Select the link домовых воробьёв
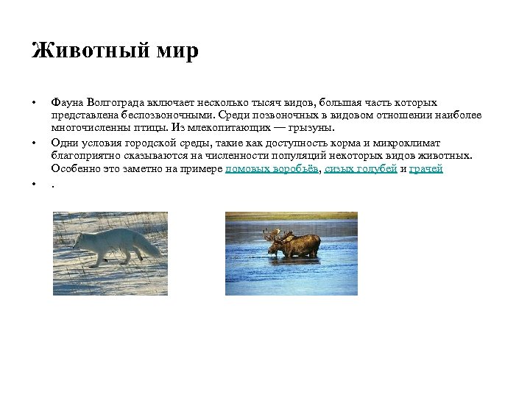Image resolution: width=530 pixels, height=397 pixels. [x=272, y=168]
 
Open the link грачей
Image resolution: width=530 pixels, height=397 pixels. [x=426, y=168]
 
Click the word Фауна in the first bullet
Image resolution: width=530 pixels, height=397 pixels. [x=67, y=103]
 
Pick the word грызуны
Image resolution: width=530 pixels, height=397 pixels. [x=311, y=126]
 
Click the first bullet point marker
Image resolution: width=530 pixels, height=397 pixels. [x=34, y=103]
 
